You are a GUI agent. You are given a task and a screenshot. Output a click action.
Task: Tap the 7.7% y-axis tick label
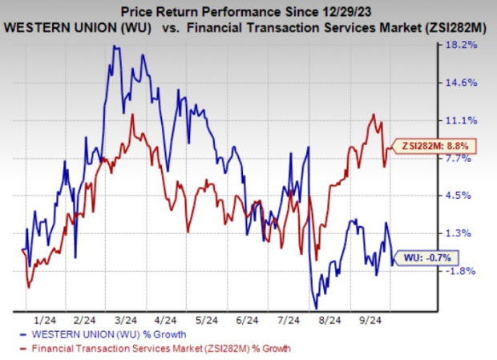coord(466,158)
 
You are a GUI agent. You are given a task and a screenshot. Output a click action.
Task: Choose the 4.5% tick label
coord(466,196)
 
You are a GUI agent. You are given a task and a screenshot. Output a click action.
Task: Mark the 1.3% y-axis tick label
coord(466,233)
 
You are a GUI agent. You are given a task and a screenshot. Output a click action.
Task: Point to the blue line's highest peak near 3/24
coord(115,47)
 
